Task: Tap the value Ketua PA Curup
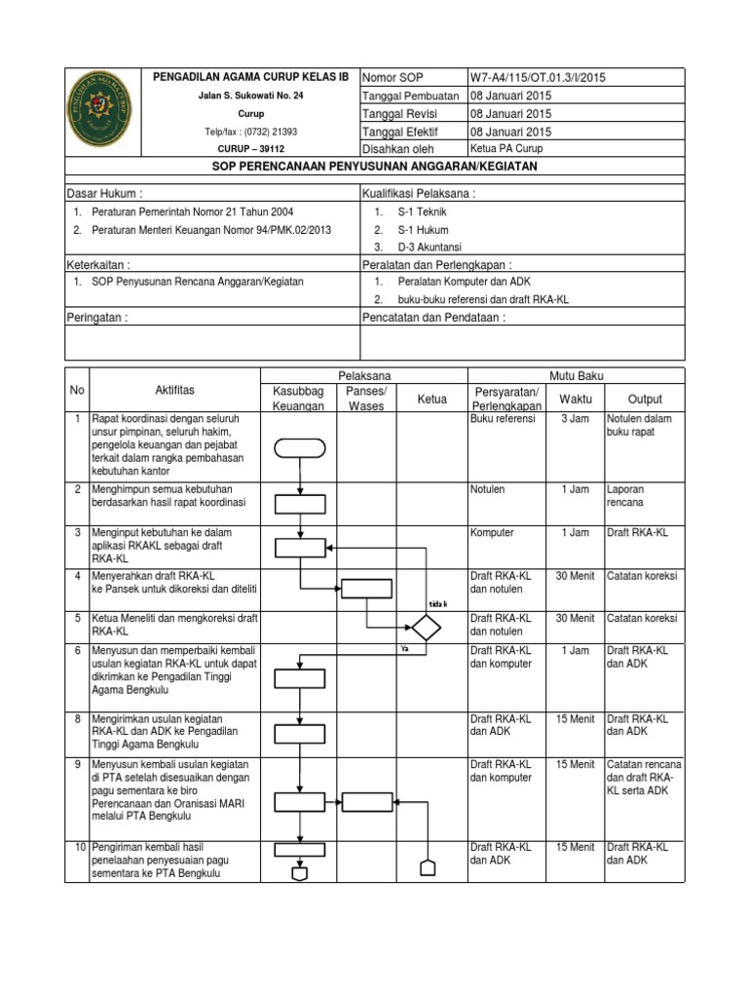click(506, 149)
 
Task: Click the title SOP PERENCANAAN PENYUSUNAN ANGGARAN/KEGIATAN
click(375, 167)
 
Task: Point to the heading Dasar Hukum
click(104, 194)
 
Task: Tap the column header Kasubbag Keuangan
click(299, 398)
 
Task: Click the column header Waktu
click(575, 399)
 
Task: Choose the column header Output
click(645, 399)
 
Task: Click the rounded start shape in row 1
click(300, 448)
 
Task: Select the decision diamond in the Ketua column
click(426, 625)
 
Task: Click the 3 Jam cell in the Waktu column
click(575, 418)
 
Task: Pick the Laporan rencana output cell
click(625, 495)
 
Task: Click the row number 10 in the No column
click(77, 847)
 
